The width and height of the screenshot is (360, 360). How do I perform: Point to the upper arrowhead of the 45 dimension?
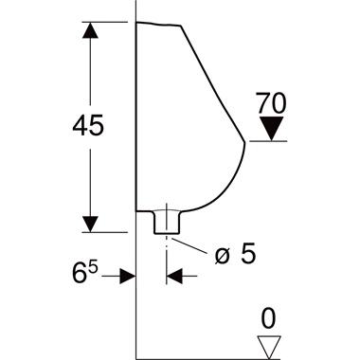tap(90, 30)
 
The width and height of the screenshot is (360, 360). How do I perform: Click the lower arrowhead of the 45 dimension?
tap(90, 223)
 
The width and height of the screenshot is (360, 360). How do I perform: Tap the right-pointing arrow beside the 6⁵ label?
tap(125, 276)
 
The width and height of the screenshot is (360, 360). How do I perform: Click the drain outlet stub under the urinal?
tap(167, 223)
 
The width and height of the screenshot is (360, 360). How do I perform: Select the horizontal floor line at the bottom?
tap(208, 358)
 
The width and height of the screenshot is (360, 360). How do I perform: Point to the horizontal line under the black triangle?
tap(275, 141)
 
